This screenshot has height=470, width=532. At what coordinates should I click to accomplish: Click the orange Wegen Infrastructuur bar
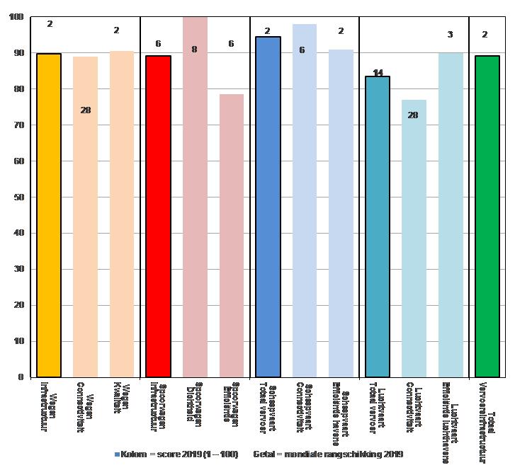tap(48, 215)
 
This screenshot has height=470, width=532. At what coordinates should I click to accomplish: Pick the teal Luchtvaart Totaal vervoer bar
tap(378, 227)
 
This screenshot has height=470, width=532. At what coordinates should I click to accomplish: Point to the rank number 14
tap(378, 73)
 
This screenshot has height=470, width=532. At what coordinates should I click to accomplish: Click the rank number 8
tap(194, 50)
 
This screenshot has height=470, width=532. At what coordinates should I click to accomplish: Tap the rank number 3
tap(450, 35)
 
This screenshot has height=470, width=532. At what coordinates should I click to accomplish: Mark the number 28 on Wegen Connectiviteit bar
tap(85, 110)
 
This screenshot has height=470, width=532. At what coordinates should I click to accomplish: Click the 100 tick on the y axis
tap(16, 16)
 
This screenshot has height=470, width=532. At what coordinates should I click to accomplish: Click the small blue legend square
tap(117, 453)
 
